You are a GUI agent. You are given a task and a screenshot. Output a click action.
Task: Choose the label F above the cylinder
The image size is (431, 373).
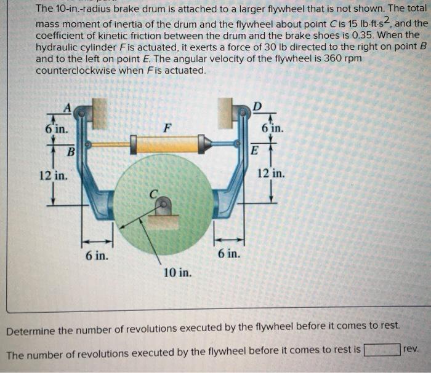click(x=166, y=128)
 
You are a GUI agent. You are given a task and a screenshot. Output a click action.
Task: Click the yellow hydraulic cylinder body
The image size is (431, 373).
click(x=166, y=145)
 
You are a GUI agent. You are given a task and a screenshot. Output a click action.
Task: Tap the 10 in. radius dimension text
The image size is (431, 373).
click(x=178, y=271)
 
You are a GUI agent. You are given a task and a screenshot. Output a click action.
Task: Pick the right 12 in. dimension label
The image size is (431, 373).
click(x=272, y=174)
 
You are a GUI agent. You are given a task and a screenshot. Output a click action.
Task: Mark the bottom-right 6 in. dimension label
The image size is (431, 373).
click(x=228, y=254)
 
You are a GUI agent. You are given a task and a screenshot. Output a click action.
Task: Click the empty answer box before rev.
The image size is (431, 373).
click(x=382, y=351)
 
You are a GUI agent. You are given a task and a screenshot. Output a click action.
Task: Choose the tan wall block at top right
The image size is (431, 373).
click(x=225, y=113)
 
